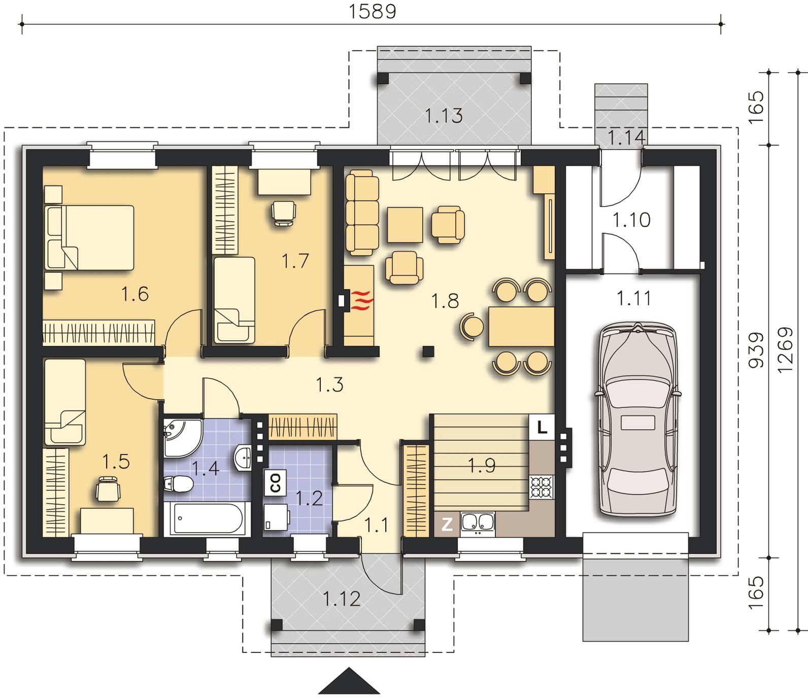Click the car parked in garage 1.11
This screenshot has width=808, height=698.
(638, 420)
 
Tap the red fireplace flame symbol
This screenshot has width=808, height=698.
(363, 300)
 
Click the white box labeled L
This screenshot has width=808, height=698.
(542, 427)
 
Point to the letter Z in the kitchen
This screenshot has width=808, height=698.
(447, 524)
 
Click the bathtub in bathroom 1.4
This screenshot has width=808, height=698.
(207, 518)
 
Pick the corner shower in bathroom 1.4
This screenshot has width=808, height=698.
(182, 437)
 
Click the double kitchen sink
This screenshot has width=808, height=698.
(477, 523)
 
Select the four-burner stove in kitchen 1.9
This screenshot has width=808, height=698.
(542, 487)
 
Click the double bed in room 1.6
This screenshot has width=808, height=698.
(89, 237)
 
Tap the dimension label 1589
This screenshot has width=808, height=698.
(372, 11)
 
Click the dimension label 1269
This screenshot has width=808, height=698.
(785, 350)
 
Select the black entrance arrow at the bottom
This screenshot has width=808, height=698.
(349, 681)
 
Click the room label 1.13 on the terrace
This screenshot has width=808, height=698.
(444, 116)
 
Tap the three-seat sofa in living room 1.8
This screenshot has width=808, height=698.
(362, 212)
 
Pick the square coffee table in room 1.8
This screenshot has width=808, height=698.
(405, 225)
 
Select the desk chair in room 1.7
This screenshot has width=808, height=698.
(283, 213)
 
